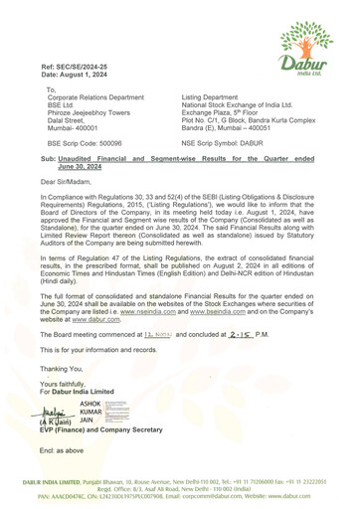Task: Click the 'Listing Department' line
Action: click(x=214, y=96)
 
